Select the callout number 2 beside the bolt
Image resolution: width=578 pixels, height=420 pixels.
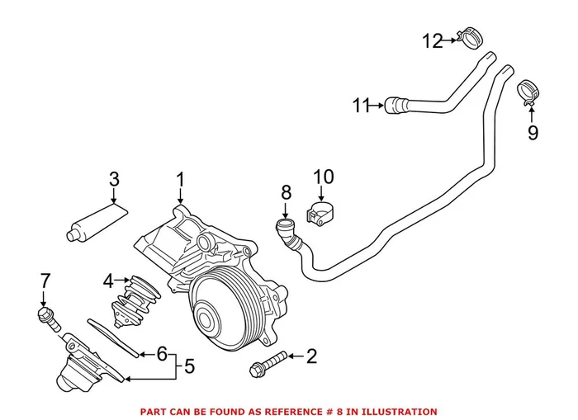pyautogui.click(x=311, y=356)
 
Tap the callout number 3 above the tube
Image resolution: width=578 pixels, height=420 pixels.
pyautogui.click(x=115, y=179)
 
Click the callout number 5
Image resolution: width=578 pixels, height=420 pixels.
pyautogui.click(x=189, y=366)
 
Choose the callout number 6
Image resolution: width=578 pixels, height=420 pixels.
pyautogui.click(x=163, y=355)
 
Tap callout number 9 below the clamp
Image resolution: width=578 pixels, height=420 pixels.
pyautogui.click(x=533, y=132)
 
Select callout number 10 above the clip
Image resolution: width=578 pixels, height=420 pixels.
pyautogui.click(x=324, y=177)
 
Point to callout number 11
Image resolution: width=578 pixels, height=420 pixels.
pyautogui.click(x=360, y=105)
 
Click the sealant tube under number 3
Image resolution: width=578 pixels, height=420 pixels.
pyautogui.click(x=96, y=222)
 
